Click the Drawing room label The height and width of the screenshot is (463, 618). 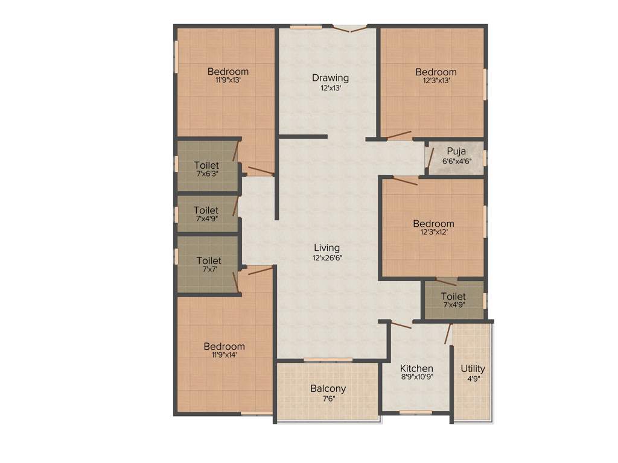(x=330, y=78)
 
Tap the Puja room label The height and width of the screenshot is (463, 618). (x=456, y=151)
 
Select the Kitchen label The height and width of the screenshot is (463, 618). (x=416, y=368)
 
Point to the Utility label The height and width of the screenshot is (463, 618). (x=473, y=368)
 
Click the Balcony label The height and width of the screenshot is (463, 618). (x=328, y=388)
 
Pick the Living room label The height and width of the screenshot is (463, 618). (x=327, y=248)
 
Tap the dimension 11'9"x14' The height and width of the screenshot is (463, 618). (x=224, y=355)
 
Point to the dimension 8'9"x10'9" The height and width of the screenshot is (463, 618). (x=416, y=377)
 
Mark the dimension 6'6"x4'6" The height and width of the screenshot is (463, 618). (x=456, y=161)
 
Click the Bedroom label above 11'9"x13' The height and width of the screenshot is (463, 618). (x=228, y=72)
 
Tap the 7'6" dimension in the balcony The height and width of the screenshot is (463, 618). (x=328, y=398)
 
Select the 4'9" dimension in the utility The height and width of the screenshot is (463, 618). (x=473, y=379)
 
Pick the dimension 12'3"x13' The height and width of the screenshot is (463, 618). (x=436, y=80)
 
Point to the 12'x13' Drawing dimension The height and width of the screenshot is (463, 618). (x=330, y=87)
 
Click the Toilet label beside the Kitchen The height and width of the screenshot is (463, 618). (x=453, y=297)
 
